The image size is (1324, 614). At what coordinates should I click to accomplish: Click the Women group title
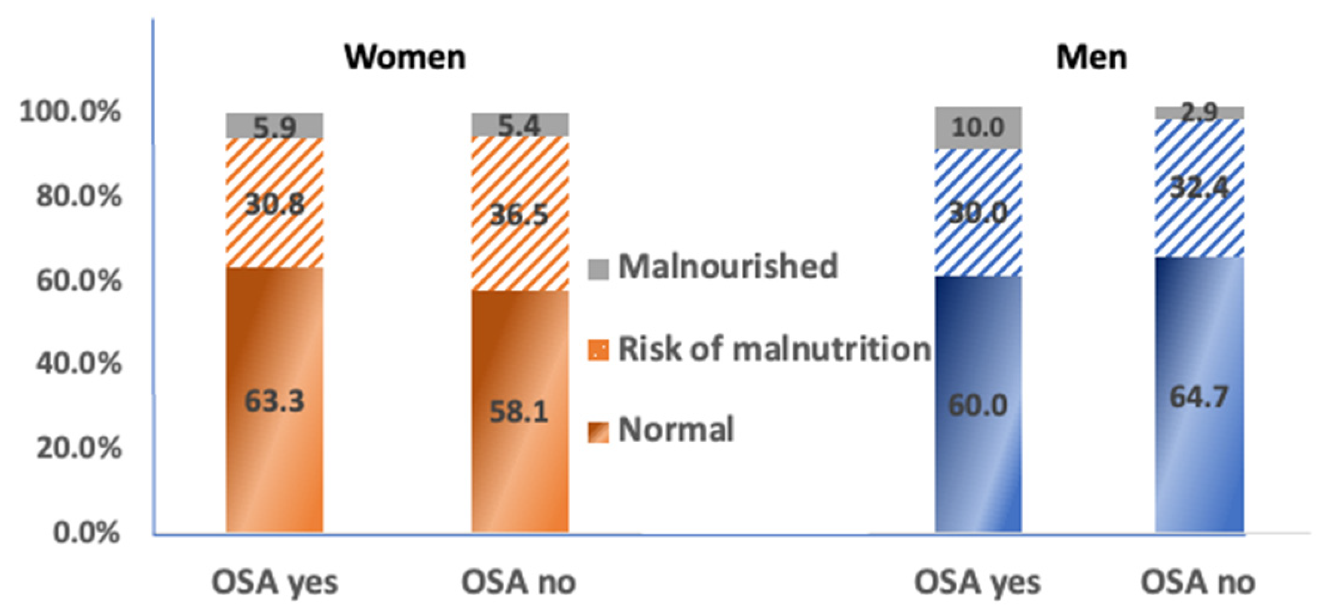[x=405, y=57]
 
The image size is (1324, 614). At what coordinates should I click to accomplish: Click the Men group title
[x=1091, y=57]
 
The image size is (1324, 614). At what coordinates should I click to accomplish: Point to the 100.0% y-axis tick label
[x=70, y=112]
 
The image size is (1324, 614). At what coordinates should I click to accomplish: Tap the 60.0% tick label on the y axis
[x=79, y=280]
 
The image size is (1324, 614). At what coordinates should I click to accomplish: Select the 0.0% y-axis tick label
[x=87, y=532]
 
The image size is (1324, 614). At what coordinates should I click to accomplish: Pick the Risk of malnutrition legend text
[x=773, y=349]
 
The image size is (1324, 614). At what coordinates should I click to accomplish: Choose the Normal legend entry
[x=675, y=429]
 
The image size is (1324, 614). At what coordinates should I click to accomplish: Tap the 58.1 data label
[x=519, y=412]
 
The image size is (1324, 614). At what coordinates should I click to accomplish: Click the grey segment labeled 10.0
[x=978, y=127]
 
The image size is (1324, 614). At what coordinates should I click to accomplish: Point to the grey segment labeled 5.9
[x=274, y=126]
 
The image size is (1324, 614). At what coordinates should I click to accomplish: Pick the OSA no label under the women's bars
[x=518, y=582]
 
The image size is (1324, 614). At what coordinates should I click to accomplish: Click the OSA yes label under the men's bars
[x=977, y=582]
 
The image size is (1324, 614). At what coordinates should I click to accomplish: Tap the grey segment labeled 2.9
[x=1199, y=112]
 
